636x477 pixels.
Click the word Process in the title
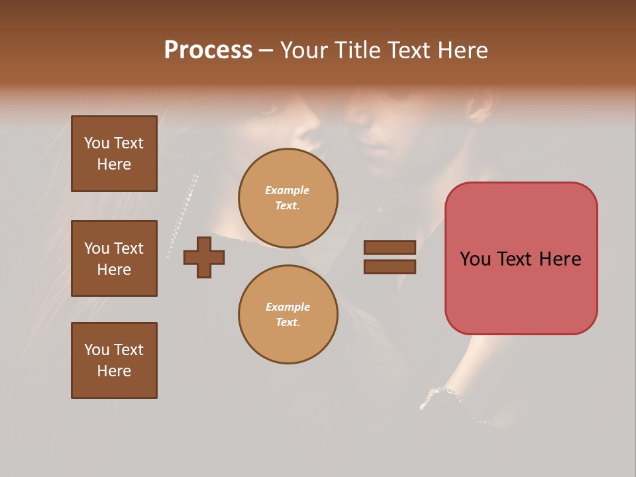tap(208, 50)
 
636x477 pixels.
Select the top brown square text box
tap(114, 154)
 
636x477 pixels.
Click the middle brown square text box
tap(114, 258)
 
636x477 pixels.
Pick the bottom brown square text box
tap(114, 360)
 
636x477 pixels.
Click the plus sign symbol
tap(203, 257)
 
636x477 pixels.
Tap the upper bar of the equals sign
tap(390, 247)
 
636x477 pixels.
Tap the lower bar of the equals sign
tap(390, 267)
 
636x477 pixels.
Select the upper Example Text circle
tap(288, 198)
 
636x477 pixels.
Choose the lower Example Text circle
tap(288, 315)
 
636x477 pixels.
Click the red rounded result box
tap(521, 258)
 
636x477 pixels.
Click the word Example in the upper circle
tap(288, 190)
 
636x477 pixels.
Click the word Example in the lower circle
tap(288, 307)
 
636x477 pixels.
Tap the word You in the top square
tap(97, 143)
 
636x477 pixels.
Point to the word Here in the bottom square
tap(114, 371)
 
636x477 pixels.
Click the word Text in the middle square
tap(128, 248)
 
